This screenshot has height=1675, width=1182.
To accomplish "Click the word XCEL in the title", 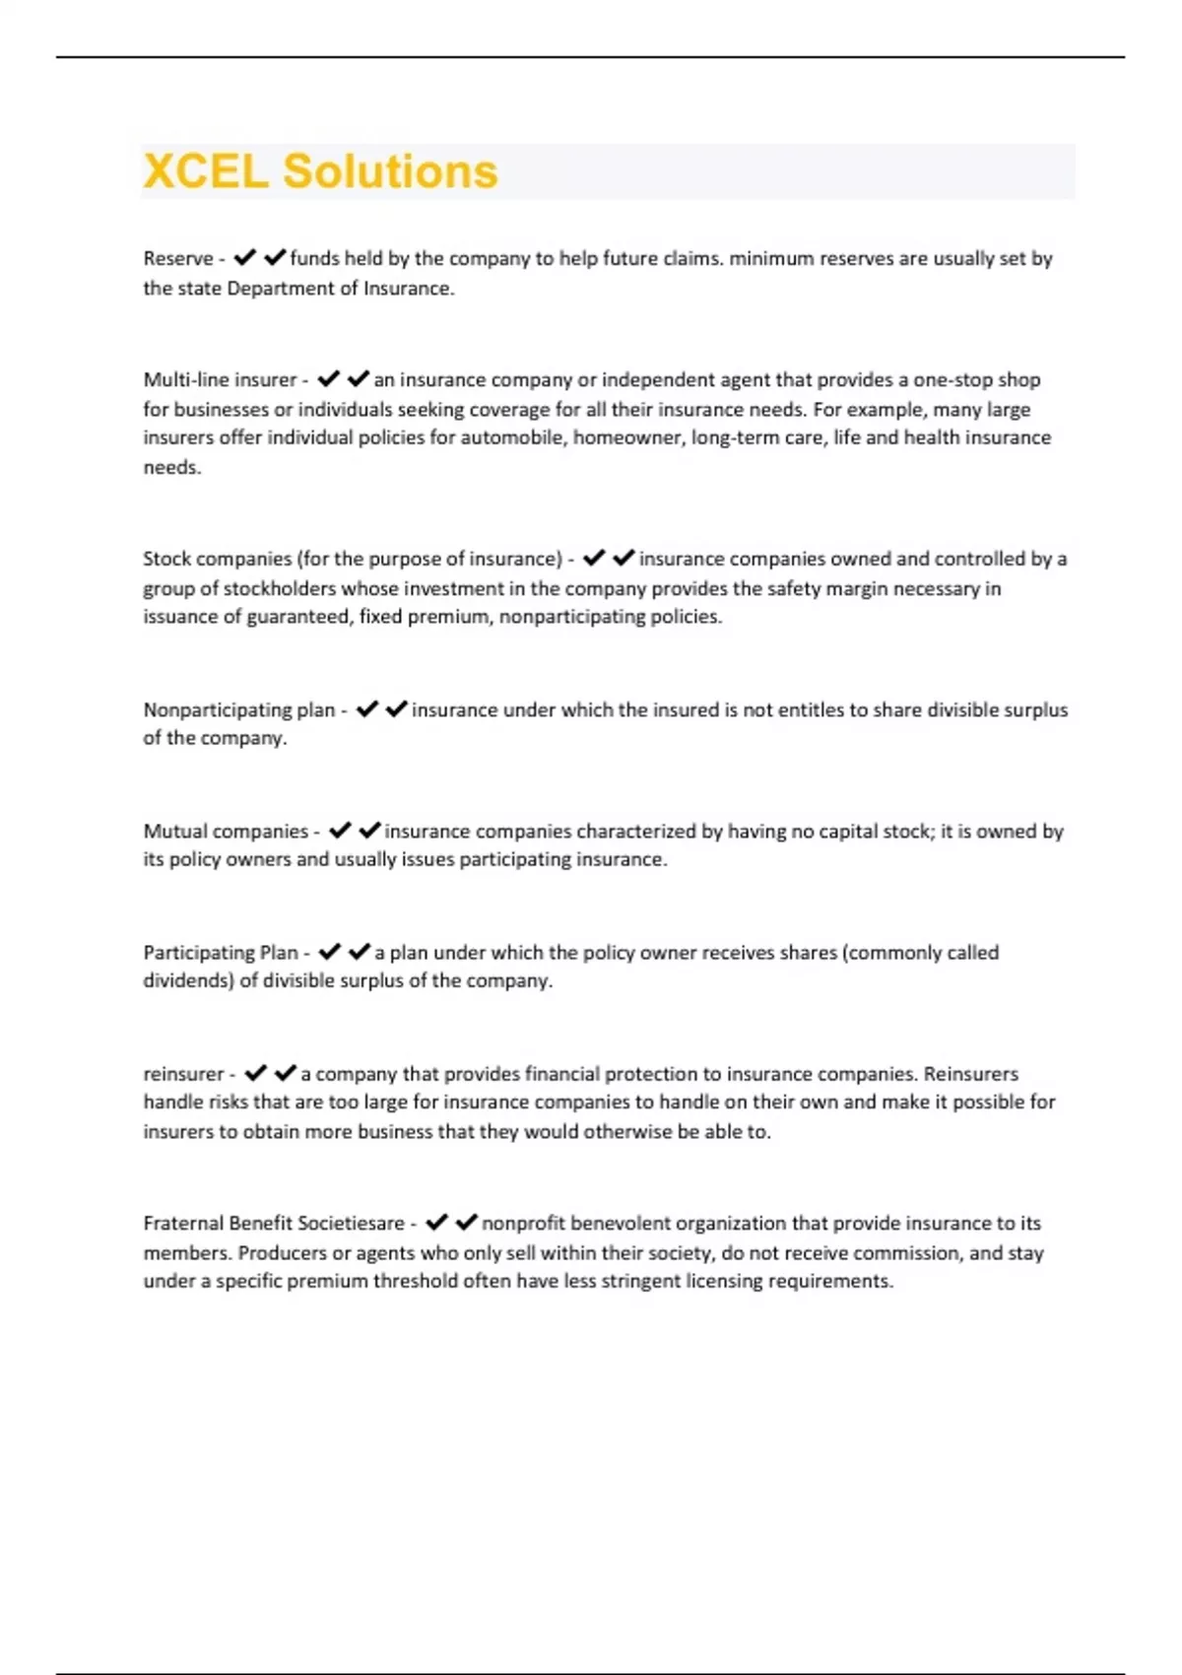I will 206,171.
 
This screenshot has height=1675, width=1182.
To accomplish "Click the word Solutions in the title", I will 390,171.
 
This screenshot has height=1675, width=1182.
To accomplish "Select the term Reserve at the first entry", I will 178,259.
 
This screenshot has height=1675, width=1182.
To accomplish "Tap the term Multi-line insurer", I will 220,380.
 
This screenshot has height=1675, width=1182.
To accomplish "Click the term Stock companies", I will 217,560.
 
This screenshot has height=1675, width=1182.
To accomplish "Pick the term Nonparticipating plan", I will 239,710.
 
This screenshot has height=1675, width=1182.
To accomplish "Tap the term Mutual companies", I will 226,832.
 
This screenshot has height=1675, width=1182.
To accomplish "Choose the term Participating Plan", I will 221,953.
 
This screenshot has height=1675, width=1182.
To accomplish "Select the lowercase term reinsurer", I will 184,1074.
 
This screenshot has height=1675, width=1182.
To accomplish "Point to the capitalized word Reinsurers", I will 970,1074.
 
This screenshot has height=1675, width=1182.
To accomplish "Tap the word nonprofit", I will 523,1224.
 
